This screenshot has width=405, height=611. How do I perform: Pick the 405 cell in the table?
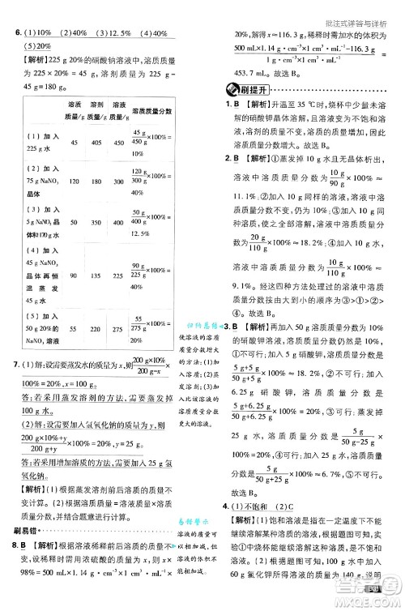pos(97,142)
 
